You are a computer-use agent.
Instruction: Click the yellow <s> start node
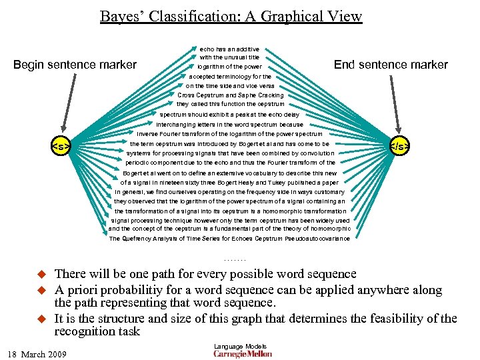(61, 146)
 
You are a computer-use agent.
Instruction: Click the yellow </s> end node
(399, 146)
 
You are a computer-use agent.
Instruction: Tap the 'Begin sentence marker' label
(75, 65)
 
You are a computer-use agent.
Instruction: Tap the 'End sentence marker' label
(391, 65)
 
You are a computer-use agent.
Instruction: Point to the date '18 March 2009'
(39, 353)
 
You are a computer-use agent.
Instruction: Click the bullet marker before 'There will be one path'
(39, 274)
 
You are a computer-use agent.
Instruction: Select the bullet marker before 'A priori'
(39, 290)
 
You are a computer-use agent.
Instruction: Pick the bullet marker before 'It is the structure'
(39, 319)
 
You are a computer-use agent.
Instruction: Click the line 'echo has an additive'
(229, 49)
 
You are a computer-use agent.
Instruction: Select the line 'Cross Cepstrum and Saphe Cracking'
(230, 95)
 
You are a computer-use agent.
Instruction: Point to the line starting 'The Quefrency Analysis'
(229, 238)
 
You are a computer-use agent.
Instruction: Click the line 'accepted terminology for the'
(229, 77)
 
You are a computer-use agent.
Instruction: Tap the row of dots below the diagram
(235, 258)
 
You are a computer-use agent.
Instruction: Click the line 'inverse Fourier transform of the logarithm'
(229, 134)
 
